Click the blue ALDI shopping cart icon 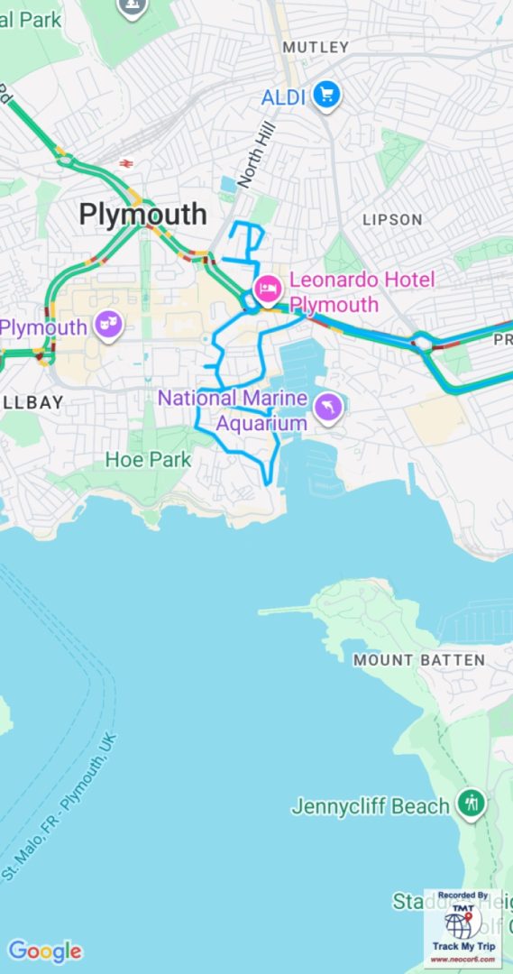(326, 96)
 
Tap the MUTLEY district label (316, 47)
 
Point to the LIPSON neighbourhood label (392, 219)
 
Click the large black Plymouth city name (142, 215)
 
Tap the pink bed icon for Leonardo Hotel (268, 289)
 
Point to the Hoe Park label (148, 459)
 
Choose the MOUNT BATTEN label (418, 660)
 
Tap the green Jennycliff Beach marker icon (471, 803)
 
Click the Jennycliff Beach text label (370, 806)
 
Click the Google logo (44, 951)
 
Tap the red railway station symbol (125, 163)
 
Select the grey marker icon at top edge (133, 6)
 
